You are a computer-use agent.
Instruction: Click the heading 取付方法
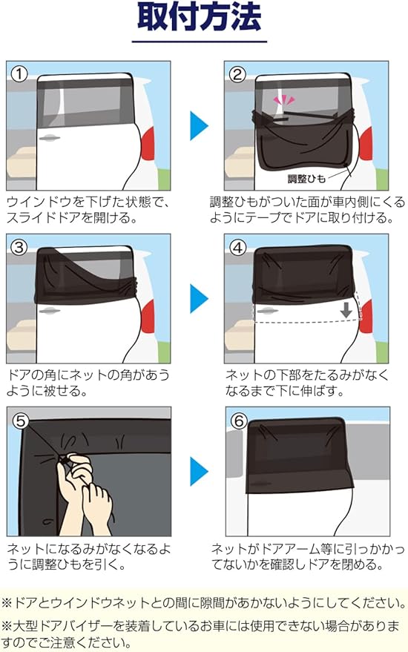click(200, 18)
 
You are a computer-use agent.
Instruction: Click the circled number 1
click(19, 75)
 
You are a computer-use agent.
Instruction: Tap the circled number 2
click(237, 75)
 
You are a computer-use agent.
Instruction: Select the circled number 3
click(19, 248)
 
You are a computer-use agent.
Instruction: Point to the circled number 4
click(237, 248)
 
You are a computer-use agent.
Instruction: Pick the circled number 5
click(21, 421)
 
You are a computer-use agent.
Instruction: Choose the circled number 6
click(239, 421)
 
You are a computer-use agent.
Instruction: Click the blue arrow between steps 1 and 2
click(199, 125)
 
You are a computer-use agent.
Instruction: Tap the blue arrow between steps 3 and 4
click(199, 299)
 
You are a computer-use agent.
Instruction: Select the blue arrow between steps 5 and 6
click(199, 472)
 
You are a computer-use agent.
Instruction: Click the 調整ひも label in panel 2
click(306, 178)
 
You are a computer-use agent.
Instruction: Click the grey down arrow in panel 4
click(346, 310)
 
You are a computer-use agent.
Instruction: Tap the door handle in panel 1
click(50, 138)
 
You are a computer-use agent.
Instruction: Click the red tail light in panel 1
click(148, 144)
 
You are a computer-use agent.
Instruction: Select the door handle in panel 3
click(50, 311)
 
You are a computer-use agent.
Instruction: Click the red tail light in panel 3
click(148, 317)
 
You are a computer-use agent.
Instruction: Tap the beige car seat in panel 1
click(22, 163)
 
